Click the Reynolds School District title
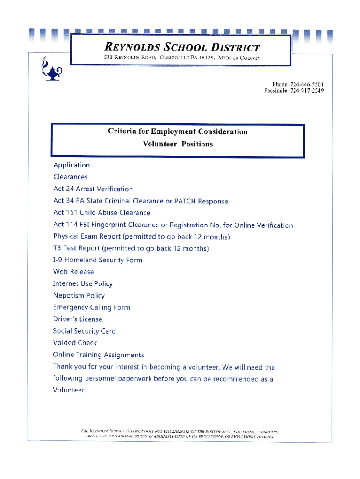coord(181,47)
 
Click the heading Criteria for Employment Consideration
coord(178,131)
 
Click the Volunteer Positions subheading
coord(178,144)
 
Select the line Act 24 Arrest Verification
coord(93,189)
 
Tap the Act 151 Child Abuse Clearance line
coord(102,213)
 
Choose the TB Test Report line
coord(130,248)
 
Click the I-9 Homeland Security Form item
coord(98,260)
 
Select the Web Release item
coord(73,272)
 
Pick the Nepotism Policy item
coord(79,296)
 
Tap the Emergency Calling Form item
coord(92,307)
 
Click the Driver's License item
coord(78,319)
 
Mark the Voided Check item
coord(75,343)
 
